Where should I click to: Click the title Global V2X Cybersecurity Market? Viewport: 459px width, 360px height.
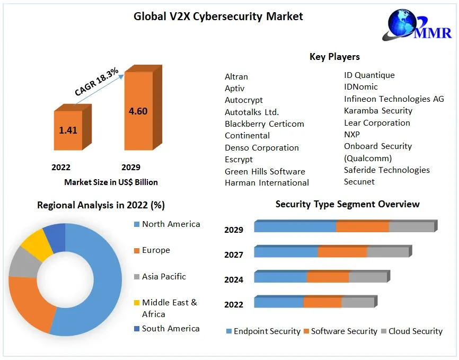point(218,16)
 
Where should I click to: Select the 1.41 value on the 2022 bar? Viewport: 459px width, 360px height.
point(68,130)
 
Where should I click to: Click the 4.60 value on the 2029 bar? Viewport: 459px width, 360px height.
point(138,111)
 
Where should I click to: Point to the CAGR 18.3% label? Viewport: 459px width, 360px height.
point(96,83)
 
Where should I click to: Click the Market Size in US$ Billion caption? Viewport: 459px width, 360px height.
point(111,182)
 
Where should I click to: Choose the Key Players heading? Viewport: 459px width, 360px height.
point(334,57)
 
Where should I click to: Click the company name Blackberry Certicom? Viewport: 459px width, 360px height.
point(264,124)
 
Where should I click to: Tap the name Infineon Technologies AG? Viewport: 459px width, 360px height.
point(394,99)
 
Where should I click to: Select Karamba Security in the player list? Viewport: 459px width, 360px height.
point(378,110)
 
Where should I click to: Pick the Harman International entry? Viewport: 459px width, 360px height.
point(267,182)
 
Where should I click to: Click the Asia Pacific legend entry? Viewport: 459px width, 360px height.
point(163,276)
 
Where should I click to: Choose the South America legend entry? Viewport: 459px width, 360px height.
point(170,328)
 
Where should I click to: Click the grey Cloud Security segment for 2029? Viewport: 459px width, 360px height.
point(411,227)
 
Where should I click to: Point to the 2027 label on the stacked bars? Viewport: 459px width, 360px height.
point(234,254)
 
